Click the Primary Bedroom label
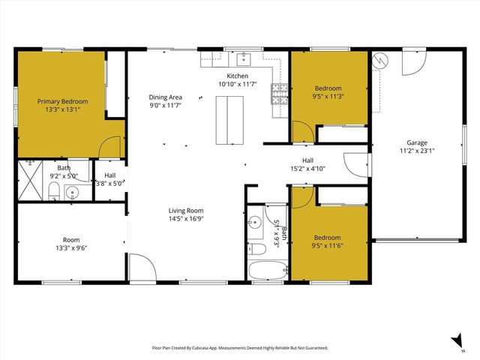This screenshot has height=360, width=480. coord(63,102)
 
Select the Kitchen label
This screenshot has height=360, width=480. coord(238,76)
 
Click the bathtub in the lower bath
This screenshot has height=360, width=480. coord(268,271)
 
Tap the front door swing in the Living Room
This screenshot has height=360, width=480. coord(140,267)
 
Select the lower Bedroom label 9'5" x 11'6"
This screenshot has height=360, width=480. coord(327,242)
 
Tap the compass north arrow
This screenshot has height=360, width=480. coord(456,341)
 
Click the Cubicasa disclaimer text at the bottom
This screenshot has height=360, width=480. coord(240,348)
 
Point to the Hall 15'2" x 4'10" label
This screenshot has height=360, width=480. coord(307,165)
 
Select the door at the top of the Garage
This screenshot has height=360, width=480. coord(412,64)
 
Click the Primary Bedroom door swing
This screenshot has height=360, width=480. coord(110,147)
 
